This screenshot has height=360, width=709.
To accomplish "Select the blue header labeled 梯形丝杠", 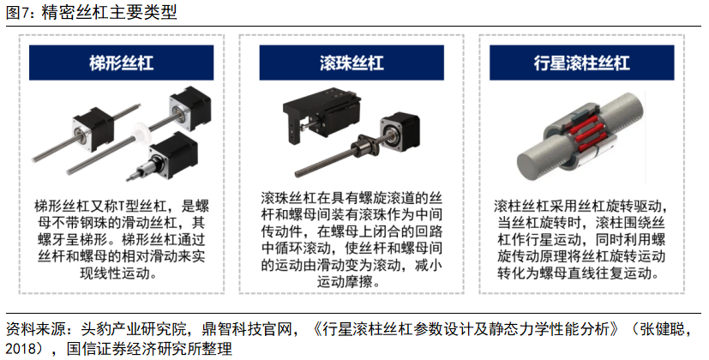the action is [x=121, y=63].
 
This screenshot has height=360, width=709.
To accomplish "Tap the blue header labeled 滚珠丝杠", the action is [x=351, y=63].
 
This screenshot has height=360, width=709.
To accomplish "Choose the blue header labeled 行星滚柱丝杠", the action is [x=581, y=63].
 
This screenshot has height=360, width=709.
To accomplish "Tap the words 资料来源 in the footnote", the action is [x=35, y=329].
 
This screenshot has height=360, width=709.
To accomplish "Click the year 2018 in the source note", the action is [x=21, y=349].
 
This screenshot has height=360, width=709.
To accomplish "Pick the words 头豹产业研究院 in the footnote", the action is [x=134, y=329].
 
